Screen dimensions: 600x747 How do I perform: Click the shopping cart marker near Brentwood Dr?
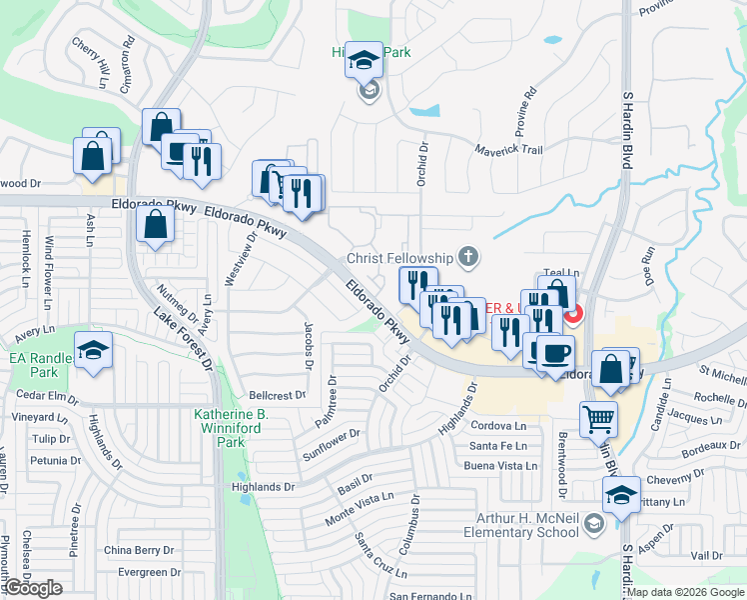[597, 418]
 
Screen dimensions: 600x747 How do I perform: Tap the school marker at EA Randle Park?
[94, 350]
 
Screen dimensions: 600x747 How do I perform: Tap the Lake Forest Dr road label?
[183, 339]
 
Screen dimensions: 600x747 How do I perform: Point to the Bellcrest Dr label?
[277, 396]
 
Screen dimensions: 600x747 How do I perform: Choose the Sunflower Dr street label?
[331, 446]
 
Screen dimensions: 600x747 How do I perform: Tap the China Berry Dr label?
[139, 550]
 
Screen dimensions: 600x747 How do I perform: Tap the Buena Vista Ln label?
[501, 466]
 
